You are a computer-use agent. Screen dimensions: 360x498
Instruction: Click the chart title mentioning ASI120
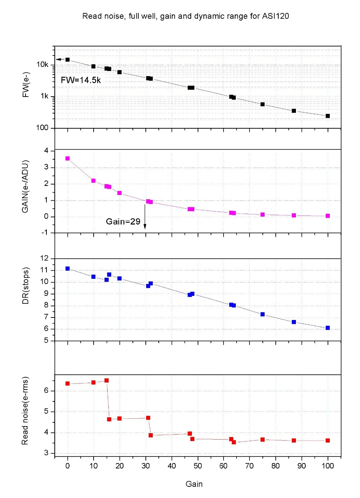click(186, 16)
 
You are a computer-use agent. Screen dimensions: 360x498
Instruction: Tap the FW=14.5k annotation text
click(81, 80)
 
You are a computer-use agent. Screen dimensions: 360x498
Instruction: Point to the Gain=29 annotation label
click(123, 222)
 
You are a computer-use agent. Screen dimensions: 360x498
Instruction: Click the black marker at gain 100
click(328, 116)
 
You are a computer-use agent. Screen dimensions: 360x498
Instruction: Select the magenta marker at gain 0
click(68, 158)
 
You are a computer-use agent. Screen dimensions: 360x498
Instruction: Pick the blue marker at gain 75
click(262, 314)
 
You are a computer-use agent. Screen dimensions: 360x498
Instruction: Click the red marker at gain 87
click(294, 440)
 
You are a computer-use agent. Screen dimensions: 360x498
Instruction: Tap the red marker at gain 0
click(68, 383)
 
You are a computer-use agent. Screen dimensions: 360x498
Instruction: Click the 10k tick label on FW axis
click(42, 65)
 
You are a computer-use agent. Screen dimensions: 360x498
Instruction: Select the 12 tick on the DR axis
click(44, 258)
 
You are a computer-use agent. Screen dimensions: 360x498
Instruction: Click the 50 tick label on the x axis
click(198, 466)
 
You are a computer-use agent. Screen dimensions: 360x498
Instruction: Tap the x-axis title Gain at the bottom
click(194, 484)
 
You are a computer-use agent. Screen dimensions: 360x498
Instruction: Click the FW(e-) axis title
click(26, 85)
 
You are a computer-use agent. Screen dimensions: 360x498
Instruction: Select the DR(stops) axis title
click(26, 286)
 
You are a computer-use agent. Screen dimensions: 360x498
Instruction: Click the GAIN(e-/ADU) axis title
click(25, 186)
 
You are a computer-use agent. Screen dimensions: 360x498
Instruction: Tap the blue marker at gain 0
click(68, 268)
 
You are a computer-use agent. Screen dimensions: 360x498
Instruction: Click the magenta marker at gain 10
click(93, 181)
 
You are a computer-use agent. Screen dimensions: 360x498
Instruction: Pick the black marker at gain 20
click(120, 72)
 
